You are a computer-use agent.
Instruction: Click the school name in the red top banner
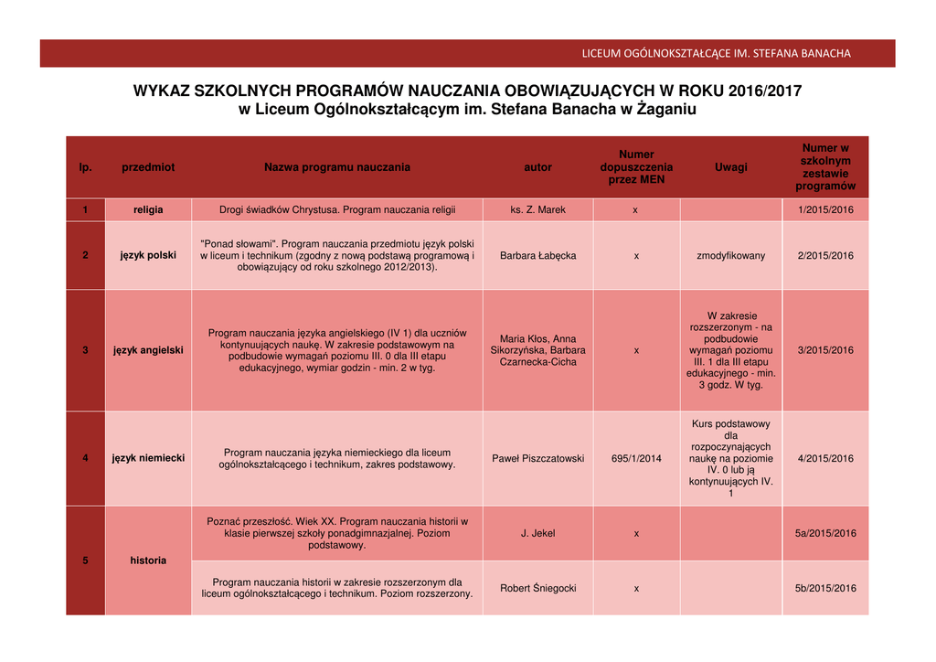click(716, 53)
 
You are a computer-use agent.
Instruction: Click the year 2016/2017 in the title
click(765, 91)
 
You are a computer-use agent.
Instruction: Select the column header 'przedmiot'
click(148, 167)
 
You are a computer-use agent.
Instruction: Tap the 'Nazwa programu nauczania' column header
click(337, 167)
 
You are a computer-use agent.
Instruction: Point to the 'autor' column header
click(537, 167)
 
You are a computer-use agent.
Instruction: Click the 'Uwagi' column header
click(730, 167)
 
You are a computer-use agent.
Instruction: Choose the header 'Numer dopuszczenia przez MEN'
click(636, 167)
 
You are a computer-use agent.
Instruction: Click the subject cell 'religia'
click(148, 210)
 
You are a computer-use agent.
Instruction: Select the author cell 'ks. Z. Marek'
click(537, 210)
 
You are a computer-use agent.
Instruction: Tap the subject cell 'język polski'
click(148, 255)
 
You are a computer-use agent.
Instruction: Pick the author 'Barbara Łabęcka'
click(537, 255)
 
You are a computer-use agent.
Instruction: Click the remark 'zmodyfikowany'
click(730, 255)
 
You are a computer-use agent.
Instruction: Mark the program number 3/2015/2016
click(825, 350)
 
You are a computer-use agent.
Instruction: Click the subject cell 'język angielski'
click(148, 350)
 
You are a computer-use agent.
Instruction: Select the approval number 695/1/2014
click(636, 458)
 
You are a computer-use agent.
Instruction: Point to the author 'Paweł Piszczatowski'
click(537, 458)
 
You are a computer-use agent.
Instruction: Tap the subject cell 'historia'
click(148, 561)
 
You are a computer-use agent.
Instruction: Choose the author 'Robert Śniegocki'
click(537, 588)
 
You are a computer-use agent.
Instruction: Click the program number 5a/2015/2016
click(825, 533)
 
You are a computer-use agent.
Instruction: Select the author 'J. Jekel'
click(537, 533)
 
